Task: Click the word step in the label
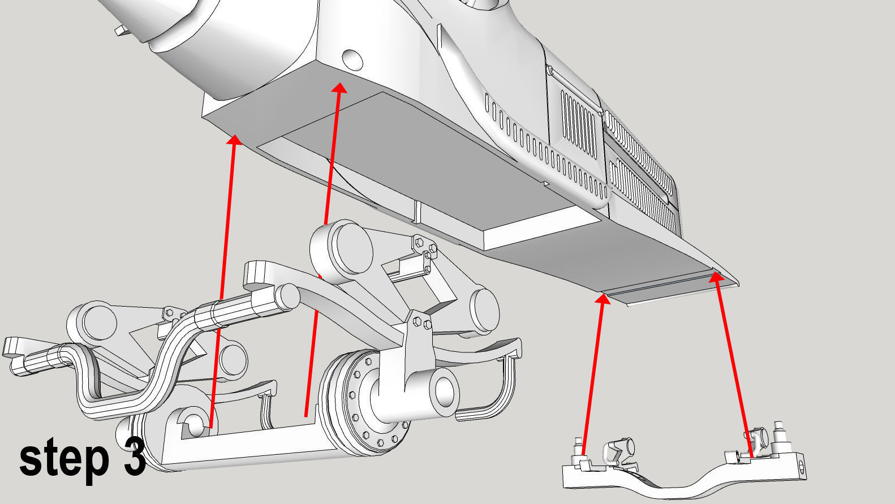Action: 64,460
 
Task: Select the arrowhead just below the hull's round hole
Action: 340,88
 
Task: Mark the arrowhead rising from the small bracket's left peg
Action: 603,299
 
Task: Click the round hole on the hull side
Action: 353,60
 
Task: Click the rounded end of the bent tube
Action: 287,296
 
